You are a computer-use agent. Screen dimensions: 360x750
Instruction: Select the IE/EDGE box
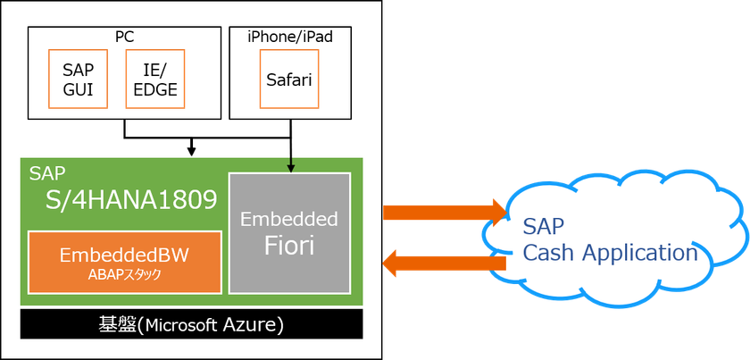(x=154, y=79)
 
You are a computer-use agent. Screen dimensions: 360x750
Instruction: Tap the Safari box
(x=288, y=79)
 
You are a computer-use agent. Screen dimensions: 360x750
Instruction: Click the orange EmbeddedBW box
(x=125, y=262)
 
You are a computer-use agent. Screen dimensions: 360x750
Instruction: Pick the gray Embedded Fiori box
(x=289, y=232)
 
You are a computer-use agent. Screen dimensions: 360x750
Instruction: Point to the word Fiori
(x=289, y=246)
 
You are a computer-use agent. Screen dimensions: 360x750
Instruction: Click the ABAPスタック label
(x=125, y=274)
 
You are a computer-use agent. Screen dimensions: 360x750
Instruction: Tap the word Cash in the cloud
(x=549, y=253)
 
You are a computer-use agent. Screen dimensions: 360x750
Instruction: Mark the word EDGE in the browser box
(x=154, y=89)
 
